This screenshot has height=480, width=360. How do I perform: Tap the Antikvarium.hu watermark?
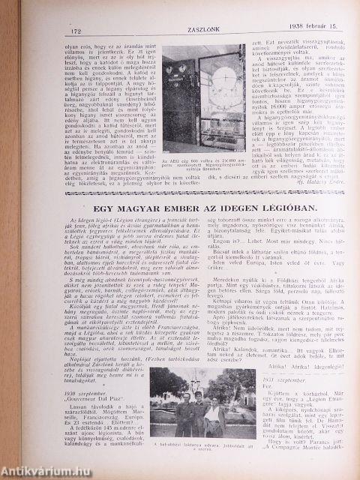[x=37, y=469]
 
